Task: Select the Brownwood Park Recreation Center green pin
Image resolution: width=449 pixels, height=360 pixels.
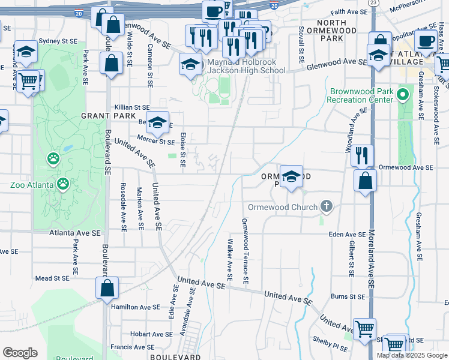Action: [x=403, y=94]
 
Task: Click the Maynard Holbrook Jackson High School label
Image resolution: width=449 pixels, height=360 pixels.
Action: [x=246, y=66]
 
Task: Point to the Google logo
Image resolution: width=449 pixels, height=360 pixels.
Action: [x=20, y=353]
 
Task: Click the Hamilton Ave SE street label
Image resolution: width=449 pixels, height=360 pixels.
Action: [x=135, y=306]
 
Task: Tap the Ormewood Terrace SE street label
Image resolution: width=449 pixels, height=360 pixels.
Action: [x=245, y=251]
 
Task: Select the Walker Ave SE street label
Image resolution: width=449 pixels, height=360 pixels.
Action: [x=230, y=260]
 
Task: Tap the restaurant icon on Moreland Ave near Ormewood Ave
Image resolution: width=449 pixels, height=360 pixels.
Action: [x=362, y=155]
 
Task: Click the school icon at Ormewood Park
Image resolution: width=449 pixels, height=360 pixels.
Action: [x=291, y=177]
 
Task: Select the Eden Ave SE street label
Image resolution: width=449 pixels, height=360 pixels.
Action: [x=348, y=235]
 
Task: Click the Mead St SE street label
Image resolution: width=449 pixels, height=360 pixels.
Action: [x=53, y=278]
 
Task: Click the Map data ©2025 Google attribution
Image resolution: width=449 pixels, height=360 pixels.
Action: [x=412, y=355]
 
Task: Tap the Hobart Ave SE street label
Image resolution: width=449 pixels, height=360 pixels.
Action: [x=134, y=334]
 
